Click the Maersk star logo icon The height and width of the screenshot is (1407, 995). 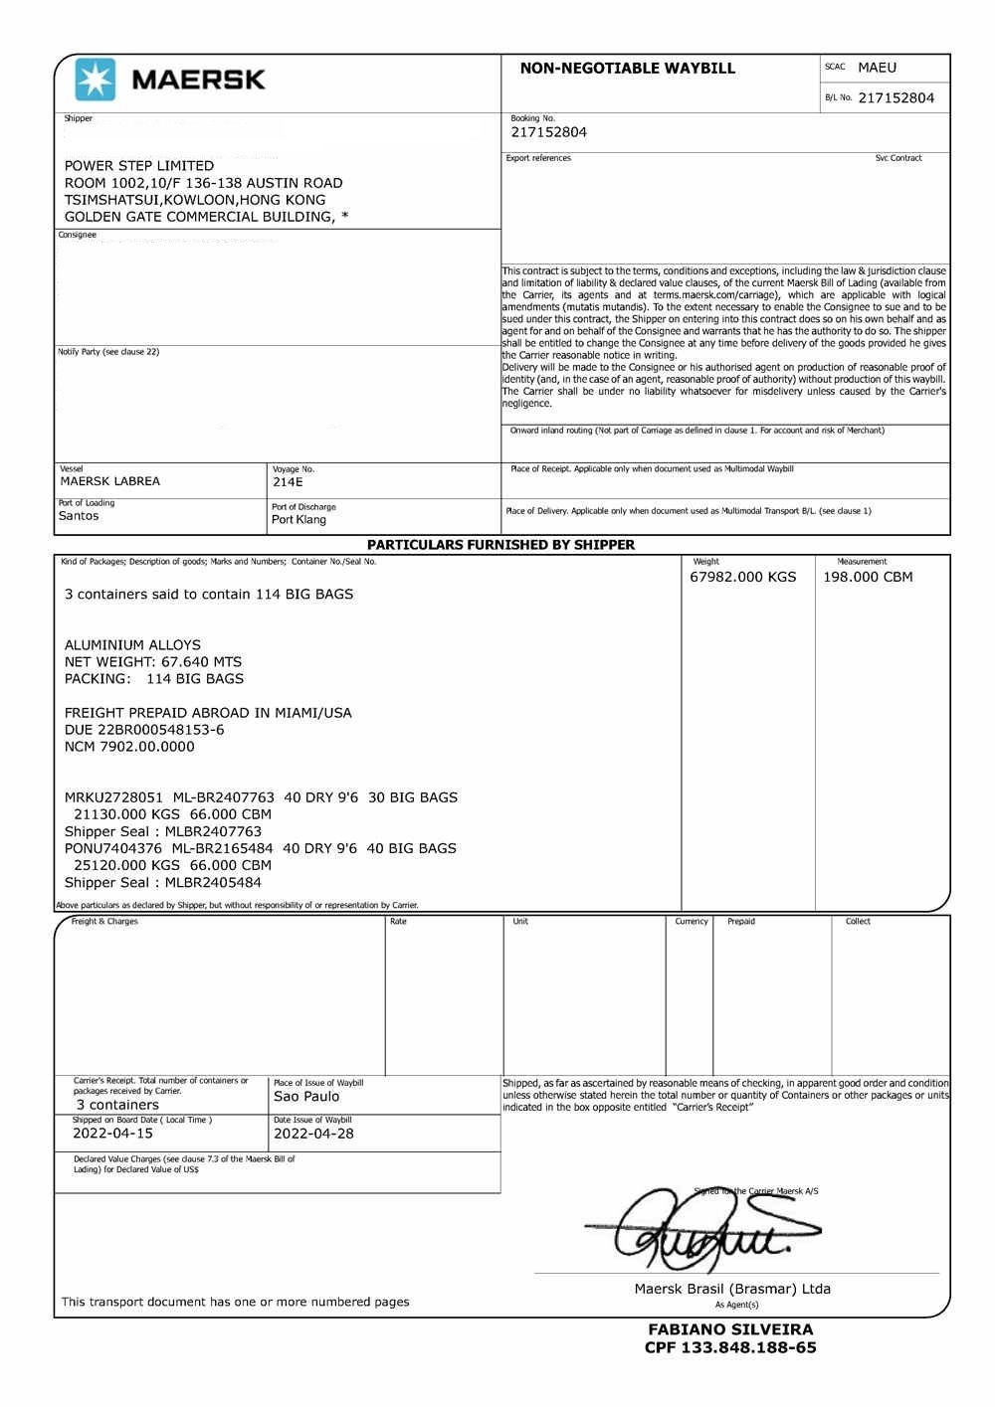96,80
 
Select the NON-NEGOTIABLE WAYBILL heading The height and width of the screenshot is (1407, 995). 627,69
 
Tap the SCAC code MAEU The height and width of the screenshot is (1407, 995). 877,68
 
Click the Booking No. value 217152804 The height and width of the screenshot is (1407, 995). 548,132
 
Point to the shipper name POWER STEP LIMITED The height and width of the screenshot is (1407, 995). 139,165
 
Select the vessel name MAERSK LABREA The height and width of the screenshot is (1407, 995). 110,481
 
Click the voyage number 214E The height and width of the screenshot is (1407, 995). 288,482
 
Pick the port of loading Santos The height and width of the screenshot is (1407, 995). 79,516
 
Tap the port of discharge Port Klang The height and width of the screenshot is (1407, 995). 298,520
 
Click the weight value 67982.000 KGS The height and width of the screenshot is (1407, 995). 742,577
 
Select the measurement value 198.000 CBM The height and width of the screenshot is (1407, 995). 868,577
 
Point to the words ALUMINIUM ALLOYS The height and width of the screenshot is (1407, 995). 132,644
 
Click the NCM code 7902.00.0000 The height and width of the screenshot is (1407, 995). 147,746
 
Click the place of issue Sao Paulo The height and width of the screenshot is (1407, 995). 306,1097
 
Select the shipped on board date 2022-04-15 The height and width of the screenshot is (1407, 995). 112,1133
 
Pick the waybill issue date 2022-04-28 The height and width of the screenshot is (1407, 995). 313,1133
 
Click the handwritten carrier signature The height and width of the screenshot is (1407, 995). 696,1231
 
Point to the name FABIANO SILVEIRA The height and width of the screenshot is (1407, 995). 730,1329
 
